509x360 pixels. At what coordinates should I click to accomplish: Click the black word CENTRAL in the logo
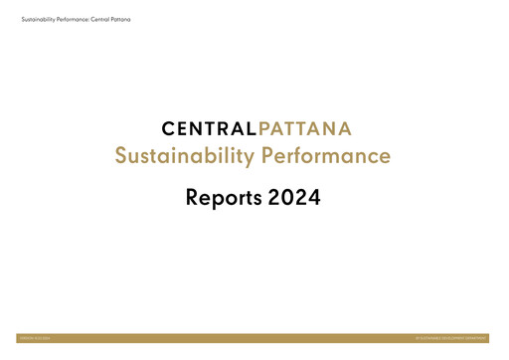coord(207,128)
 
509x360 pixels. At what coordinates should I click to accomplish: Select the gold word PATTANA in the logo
coord(304,128)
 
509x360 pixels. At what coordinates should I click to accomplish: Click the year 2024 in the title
coord(294,197)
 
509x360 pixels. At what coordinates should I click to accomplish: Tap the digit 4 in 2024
coord(313,197)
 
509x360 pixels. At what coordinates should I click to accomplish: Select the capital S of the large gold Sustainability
coord(122,157)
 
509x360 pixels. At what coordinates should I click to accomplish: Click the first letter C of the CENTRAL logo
coord(168,128)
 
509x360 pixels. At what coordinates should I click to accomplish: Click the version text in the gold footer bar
coord(36,339)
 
